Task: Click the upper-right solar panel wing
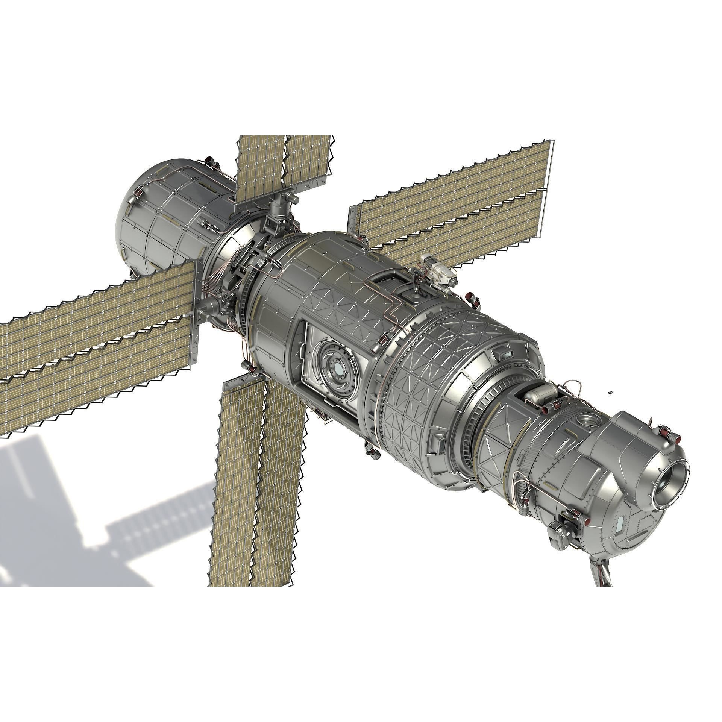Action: pos(451,203)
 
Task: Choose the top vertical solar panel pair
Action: pos(284,165)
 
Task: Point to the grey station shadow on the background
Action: pos(94,526)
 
